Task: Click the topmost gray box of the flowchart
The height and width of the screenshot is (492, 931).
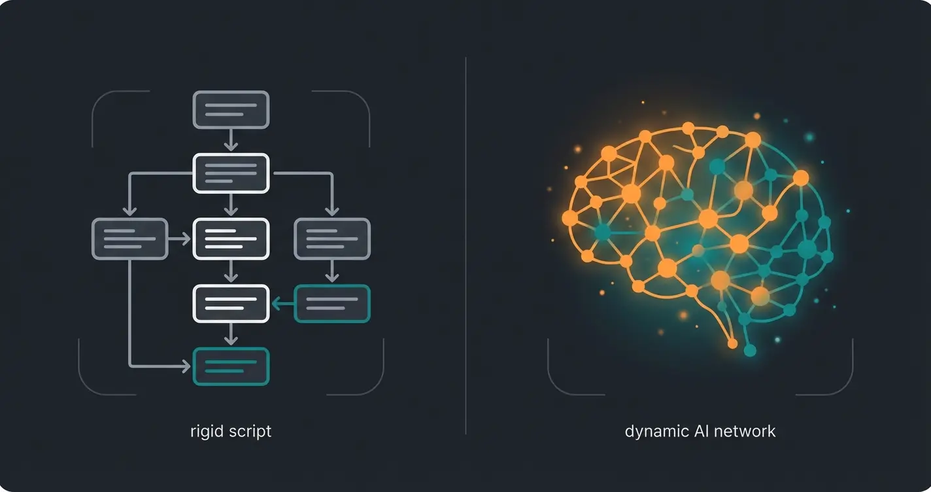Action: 231,110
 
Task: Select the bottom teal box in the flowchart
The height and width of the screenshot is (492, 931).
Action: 231,366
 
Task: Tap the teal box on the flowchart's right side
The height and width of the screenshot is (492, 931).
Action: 332,304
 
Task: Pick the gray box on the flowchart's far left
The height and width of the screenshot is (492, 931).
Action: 130,239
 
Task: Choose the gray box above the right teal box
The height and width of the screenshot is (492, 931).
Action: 332,239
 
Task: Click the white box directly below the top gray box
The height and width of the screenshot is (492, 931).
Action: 231,173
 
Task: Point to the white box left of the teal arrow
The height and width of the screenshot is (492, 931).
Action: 231,304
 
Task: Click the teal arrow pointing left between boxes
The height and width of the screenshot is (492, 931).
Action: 282,304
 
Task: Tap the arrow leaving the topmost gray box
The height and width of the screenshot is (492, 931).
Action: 230,140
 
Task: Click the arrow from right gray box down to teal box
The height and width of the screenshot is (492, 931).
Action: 332,271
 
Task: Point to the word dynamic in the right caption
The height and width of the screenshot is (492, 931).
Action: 654,432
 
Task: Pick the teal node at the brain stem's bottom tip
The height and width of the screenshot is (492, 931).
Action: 750,351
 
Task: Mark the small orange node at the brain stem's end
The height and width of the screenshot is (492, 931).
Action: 732,343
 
